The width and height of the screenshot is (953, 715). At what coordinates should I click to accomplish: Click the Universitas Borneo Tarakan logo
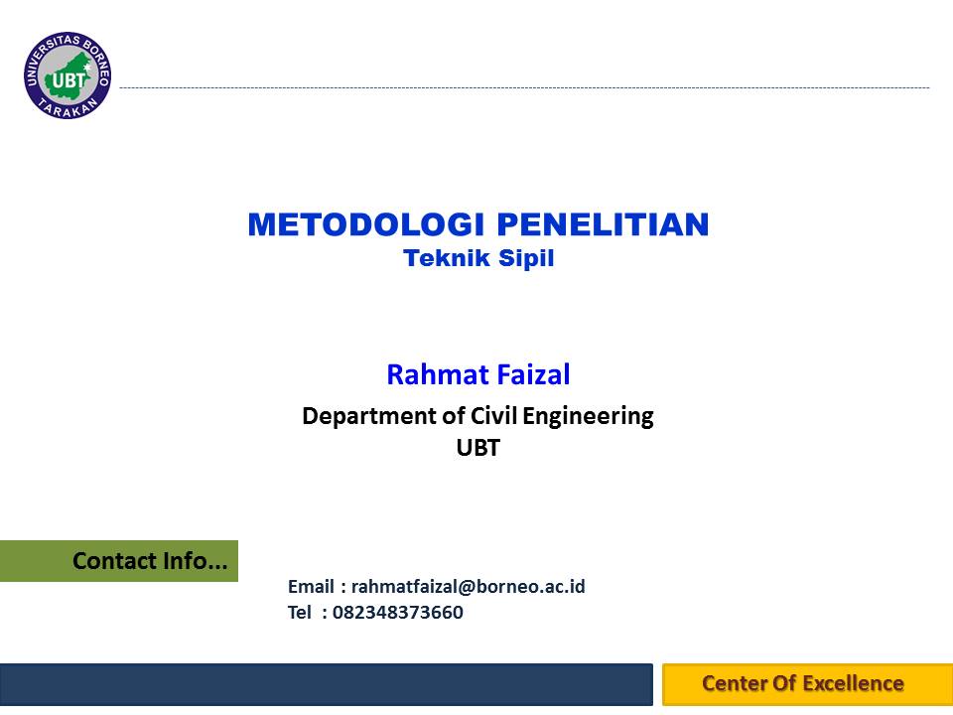click(68, 75)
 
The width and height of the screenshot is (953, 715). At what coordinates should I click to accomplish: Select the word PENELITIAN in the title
click(603, 224)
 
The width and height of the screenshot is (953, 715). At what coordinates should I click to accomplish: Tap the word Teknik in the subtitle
click(447, 258)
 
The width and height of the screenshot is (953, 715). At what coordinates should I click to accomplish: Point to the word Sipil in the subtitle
click(526, 258)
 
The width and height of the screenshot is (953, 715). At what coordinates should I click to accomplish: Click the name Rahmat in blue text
click(438, 374)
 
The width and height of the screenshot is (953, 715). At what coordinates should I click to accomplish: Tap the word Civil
click(494, 416)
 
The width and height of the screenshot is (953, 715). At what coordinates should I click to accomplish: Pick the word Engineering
click(588, 417)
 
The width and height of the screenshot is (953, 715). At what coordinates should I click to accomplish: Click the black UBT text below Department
click(477, 448)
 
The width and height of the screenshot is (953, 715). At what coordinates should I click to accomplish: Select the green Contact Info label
click(119, 561)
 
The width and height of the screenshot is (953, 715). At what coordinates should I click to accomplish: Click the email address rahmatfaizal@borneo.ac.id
click(468, 586)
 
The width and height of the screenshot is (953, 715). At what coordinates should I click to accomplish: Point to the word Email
click(311, 586)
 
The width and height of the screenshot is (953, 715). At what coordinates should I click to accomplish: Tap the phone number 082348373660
click(397, 613)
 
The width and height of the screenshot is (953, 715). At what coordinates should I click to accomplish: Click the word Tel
click(299, 613)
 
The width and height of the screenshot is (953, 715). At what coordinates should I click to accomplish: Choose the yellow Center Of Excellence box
click(808, 684)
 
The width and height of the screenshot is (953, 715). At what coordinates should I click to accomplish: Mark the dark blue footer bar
click(327, 684)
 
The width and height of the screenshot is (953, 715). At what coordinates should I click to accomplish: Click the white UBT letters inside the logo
click(68, 79)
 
